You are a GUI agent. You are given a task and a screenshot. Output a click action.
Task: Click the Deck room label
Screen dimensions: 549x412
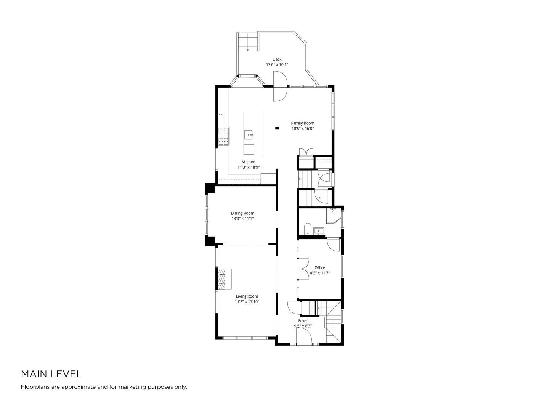pos(277,59)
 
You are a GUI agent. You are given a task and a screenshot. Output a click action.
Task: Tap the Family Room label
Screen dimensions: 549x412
pos(303,123)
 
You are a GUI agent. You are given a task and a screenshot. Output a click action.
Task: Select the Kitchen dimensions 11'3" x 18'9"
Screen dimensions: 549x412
pos(249,167)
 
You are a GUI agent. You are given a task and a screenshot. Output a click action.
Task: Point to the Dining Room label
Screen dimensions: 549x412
pos(242,213)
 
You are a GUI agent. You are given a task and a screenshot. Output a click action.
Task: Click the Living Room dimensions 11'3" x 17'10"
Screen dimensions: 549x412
pos(247,302)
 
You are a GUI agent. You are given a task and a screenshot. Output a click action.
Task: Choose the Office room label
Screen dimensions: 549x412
pos(320,268)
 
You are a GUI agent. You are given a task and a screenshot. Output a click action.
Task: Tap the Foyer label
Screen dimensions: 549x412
pos(303,321)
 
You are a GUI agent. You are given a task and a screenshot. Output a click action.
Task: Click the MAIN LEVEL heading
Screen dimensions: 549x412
pos(51,374)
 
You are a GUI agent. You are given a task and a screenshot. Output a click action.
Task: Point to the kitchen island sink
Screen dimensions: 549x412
pos(249,135)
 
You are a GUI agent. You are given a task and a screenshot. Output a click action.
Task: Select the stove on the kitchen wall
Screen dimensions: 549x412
pos(223,136)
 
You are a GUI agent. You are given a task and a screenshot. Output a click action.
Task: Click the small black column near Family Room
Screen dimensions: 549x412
pos(277,128)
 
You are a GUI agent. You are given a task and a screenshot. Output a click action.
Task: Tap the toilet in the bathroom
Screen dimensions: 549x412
pos(307,229)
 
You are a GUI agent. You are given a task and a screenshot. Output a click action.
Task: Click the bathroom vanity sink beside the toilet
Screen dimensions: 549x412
pos(319,231)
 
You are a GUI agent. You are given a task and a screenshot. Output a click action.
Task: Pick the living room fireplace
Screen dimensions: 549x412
pos(225,279)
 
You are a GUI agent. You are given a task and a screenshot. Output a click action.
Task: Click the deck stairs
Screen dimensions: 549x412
pos(247,42)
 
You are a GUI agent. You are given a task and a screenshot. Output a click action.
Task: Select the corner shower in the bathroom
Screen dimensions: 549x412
pos(334,216)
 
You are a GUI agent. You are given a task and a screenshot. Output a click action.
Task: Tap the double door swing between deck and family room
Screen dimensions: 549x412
pos(280,86)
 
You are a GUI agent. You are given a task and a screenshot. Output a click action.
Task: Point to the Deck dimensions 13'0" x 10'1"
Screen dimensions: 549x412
pos(277,65)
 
